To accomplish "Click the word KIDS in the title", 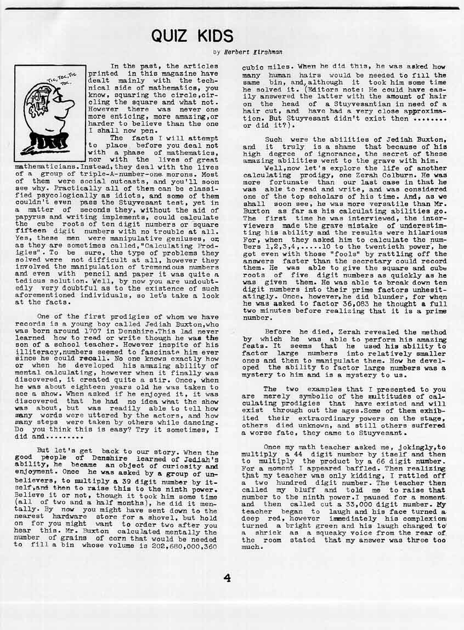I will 213,36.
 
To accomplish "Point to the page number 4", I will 227,578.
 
